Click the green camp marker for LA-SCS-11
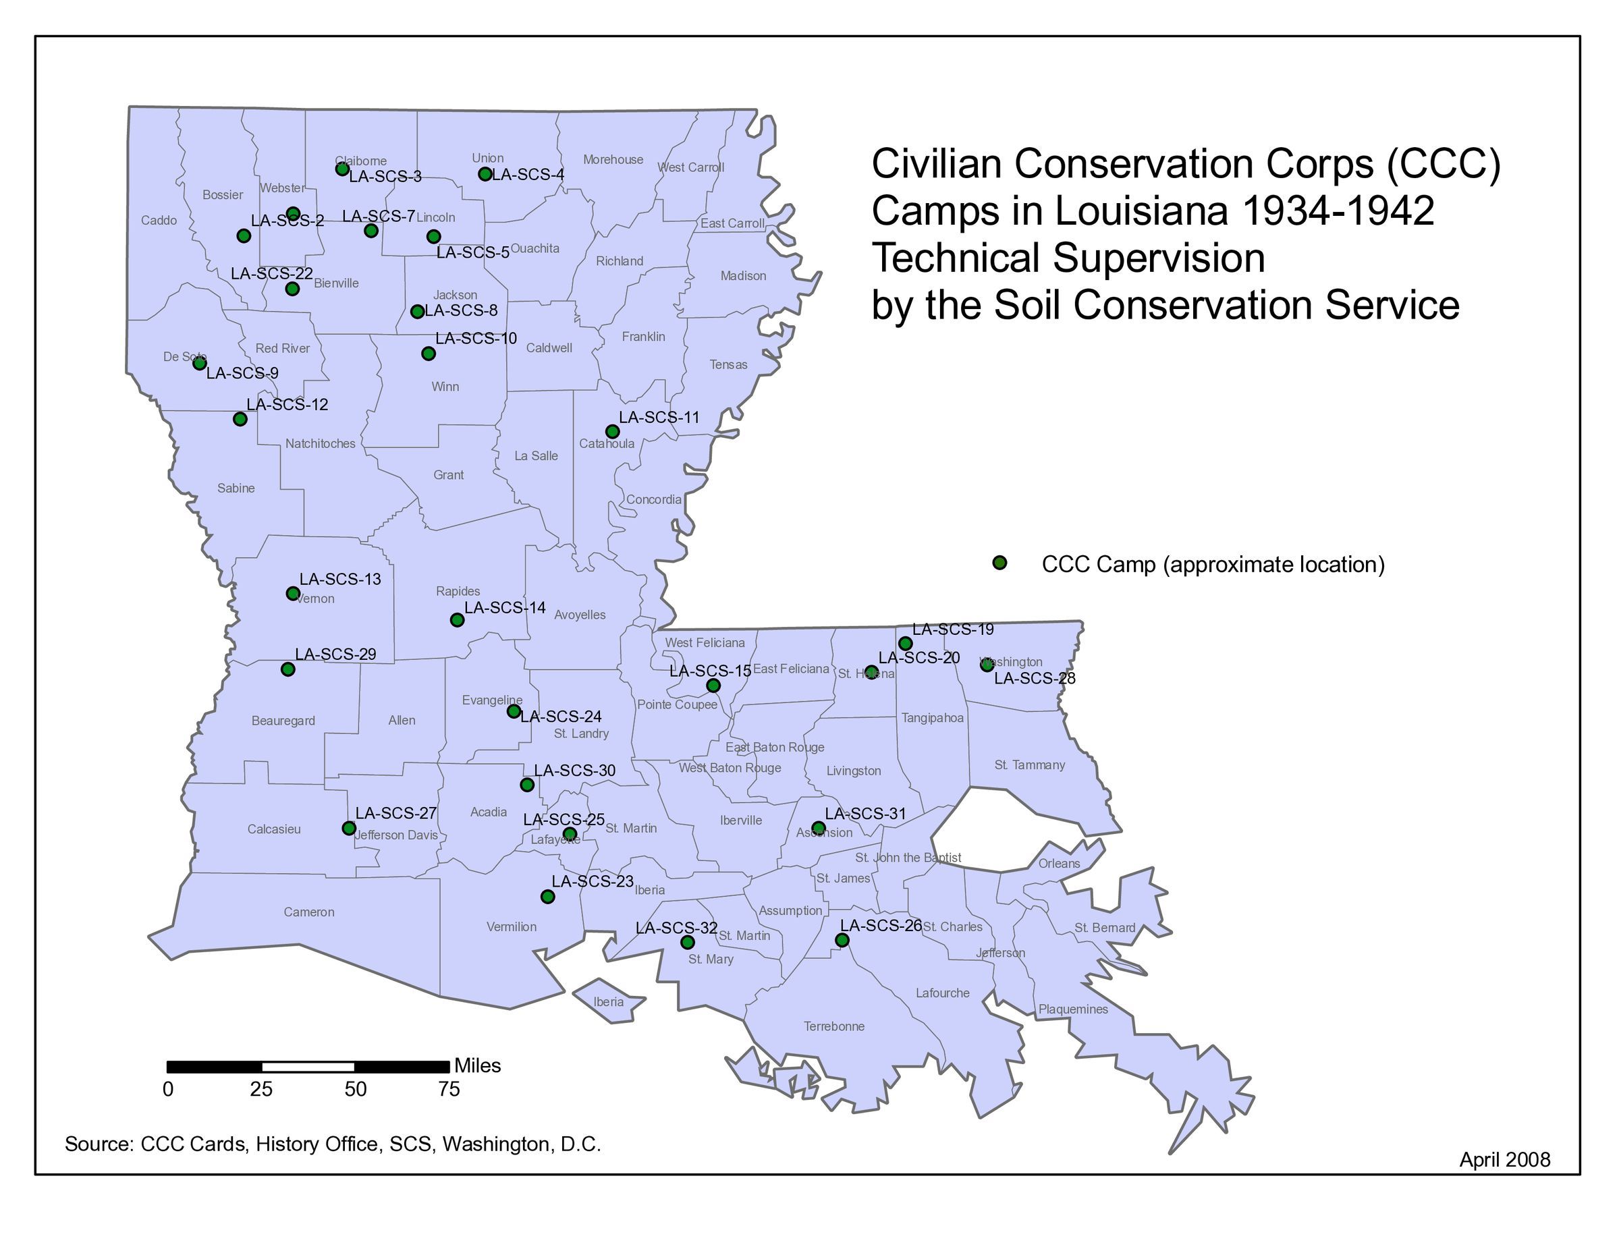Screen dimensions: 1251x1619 point(612,431)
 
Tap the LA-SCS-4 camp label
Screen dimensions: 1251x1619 point(528,175)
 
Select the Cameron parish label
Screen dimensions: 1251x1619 point(309,912)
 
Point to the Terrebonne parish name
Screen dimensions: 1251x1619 point(834,1026)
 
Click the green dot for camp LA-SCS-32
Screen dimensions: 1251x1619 point(687,943)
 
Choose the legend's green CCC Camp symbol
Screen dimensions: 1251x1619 point(999,563)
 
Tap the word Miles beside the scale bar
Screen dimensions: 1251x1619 point(477,1065)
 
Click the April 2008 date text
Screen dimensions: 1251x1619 point(1504,1159)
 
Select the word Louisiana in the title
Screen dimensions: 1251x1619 point(1142,211)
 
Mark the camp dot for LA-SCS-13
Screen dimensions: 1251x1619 point(293,594)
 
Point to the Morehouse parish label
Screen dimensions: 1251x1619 point(613,159)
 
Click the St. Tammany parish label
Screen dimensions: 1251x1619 point(1030,764)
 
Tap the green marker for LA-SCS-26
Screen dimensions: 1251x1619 point(842,941)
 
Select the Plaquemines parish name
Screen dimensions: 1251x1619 point(1072,1009)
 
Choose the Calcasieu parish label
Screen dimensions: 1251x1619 point(274,829)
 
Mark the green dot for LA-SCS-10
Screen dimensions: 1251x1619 point(429,354)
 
